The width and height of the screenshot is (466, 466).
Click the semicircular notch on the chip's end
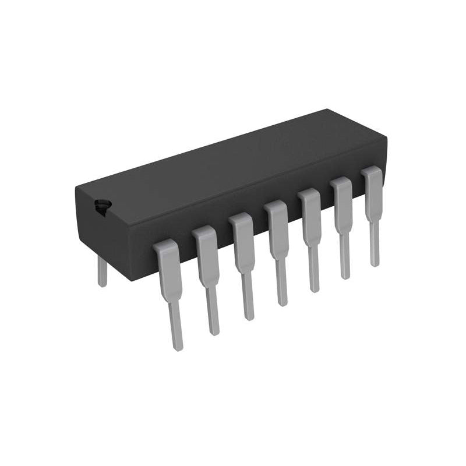tap(103, 207)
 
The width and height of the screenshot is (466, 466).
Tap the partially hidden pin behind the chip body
tap(103, 272)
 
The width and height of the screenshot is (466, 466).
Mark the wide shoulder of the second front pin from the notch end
tap(206, 256)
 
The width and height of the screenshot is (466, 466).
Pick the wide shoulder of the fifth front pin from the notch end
tap(310, 217)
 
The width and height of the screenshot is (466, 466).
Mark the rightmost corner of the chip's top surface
tap(385, 138)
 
